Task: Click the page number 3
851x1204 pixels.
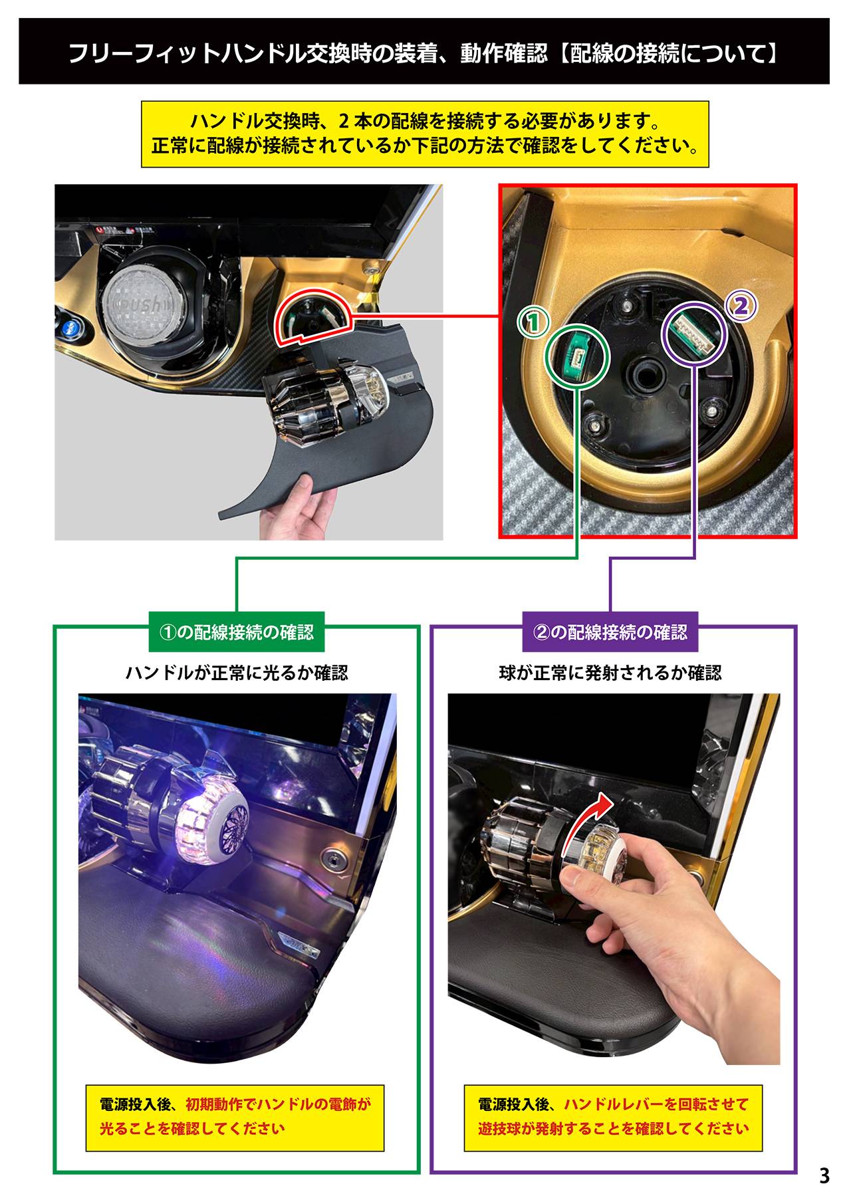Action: pos(824,1176)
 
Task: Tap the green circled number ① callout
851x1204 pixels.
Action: pos(533,322)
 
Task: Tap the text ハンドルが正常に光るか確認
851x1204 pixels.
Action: pos(237,673)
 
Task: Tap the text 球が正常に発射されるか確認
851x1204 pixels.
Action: pos(610,673)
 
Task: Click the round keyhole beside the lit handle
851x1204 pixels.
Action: pos(330,858)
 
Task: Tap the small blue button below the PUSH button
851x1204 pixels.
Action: pos(70,326)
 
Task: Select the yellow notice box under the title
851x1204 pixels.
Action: pos(425,134)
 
